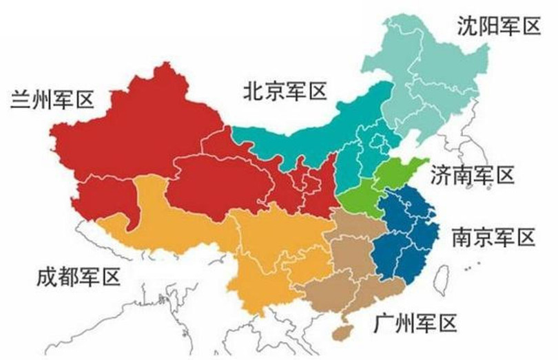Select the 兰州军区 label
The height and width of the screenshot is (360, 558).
pyautogui.click(x=52, y=100)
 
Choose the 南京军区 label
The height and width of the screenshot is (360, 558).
pyautogui.click(x=493, y=237)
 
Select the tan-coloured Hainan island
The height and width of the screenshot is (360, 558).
pyautogui.click(x=340, y=332)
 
